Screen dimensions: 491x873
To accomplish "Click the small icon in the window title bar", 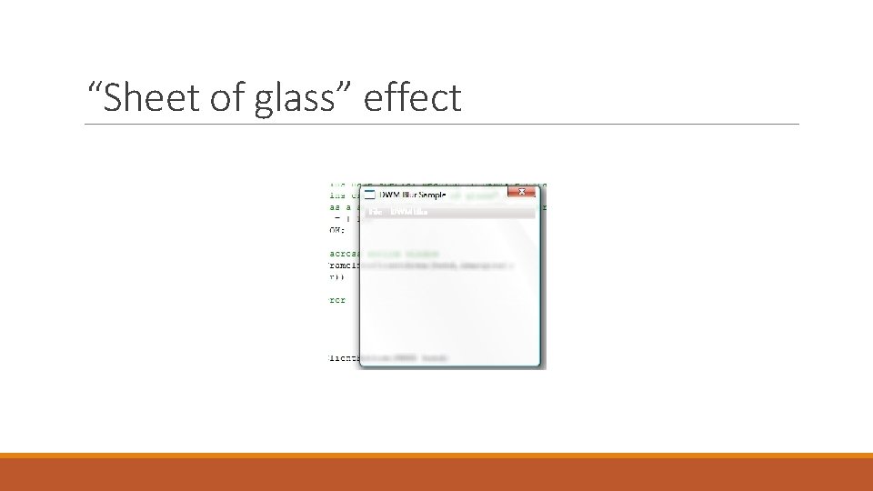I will pos(369,194).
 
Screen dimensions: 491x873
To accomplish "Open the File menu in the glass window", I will pos(373,212).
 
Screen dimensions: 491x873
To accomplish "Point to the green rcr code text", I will pos(337,300).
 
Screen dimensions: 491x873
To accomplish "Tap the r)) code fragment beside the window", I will pos(336,276).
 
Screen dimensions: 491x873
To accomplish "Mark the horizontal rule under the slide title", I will pos(442,125).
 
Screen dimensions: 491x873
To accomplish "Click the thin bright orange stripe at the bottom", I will pos(436,456).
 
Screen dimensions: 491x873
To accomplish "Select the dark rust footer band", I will pos(436,475).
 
